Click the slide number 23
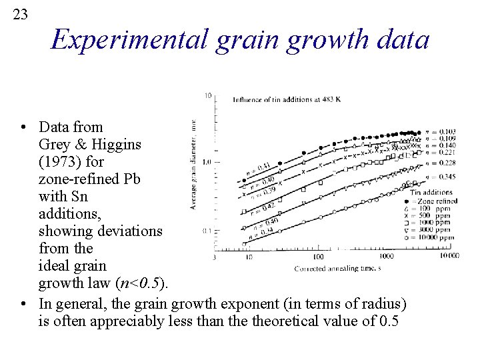coord(21,14)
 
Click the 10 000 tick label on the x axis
coord(447,256)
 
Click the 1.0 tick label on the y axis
coord(207,161)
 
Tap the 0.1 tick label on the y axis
coord(207,231)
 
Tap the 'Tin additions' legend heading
coord(431,193)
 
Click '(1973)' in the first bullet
coord(61,161)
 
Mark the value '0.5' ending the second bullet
coord(388,321)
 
